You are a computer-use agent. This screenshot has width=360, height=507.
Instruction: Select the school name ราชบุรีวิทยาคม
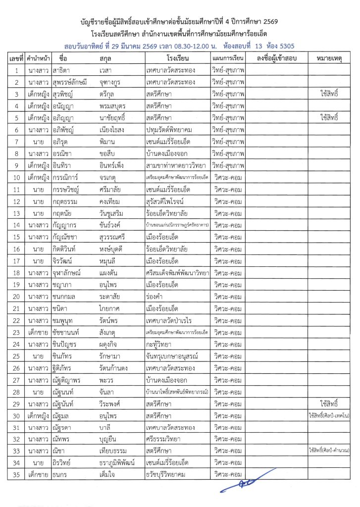click(169, 474)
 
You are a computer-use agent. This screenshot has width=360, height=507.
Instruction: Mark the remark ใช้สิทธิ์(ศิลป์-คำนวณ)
click(328, 450)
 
